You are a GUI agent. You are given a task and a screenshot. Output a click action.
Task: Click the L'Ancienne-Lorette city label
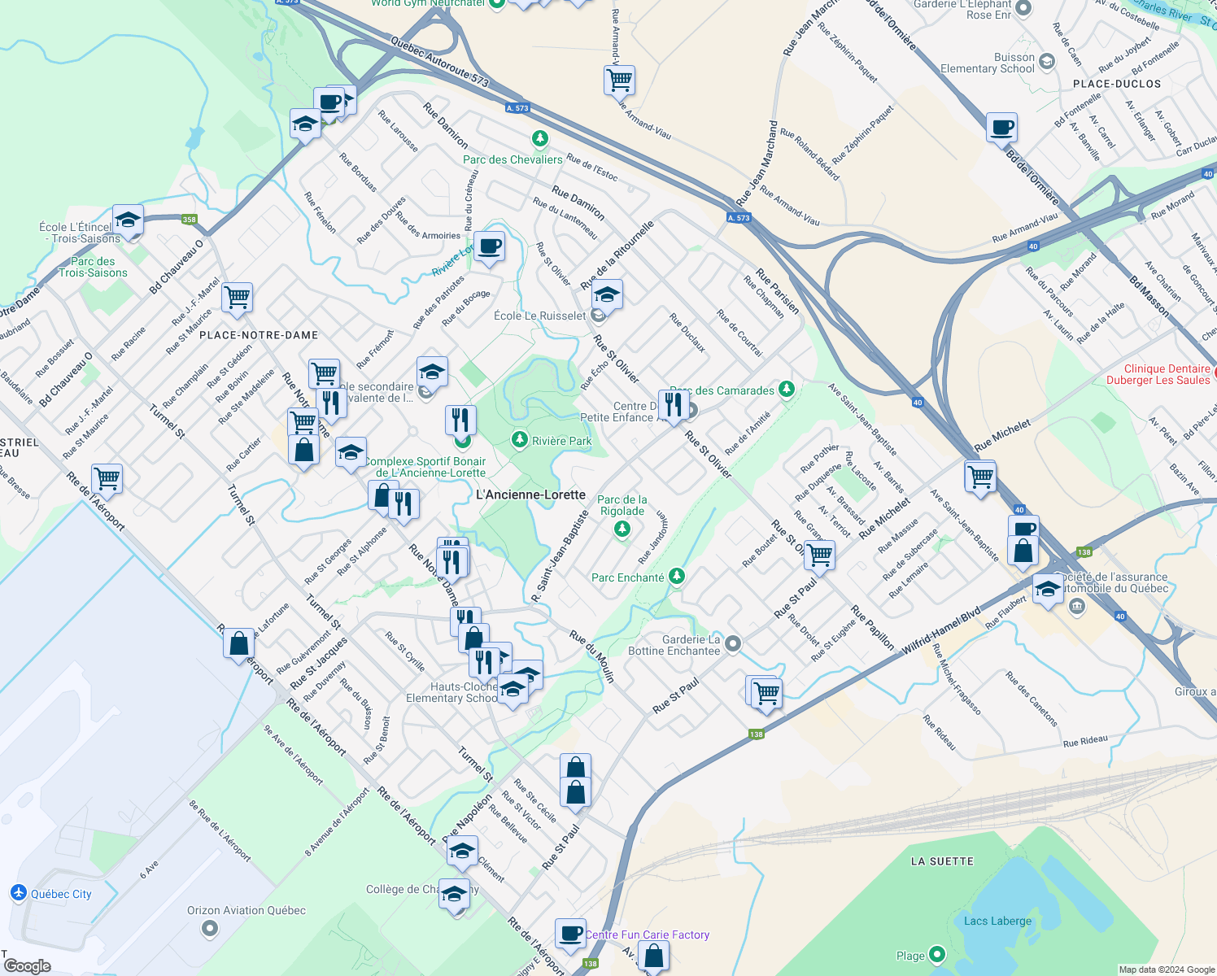pos(530,495)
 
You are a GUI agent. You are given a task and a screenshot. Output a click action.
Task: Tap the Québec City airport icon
pos(19,893)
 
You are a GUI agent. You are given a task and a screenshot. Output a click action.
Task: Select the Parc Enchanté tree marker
pos(676,577)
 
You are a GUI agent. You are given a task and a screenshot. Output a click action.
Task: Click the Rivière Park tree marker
pos(520,440)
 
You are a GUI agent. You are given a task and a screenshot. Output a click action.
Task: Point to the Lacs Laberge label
pos(997,921)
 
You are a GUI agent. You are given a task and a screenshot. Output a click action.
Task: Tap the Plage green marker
pos(937,954)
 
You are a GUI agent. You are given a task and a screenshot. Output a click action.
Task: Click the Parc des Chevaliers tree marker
pos(539,139)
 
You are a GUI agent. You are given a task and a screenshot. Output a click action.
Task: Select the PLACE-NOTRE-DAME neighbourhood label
pos(259,335)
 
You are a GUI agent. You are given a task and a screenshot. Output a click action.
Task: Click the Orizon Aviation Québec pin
pos(210,928)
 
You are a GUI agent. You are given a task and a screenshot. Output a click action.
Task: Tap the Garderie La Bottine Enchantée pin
pos(732,644)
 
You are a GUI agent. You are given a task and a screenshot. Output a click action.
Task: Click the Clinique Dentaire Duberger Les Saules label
pos(1158,374)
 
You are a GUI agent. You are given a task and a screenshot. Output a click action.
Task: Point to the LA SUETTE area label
pos(942,861)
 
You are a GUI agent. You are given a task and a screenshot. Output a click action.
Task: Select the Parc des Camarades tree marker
pos(786,389)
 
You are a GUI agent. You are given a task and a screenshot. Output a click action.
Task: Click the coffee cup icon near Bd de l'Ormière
pos(1002,128)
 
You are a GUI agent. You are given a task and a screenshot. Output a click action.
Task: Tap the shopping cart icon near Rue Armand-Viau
pos(620,81)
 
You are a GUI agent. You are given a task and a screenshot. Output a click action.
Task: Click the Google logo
pos(27,966)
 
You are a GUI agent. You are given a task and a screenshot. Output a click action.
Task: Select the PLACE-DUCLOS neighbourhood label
pos(1117,84)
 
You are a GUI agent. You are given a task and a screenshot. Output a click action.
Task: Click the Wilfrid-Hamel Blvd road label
pos(941,630)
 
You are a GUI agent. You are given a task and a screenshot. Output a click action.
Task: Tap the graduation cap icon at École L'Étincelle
pos(128,220)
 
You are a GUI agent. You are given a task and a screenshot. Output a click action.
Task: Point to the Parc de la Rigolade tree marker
pos(622,529)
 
